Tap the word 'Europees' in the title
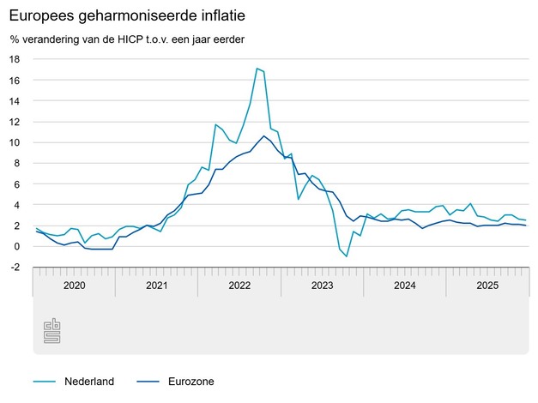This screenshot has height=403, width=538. coord(39,15)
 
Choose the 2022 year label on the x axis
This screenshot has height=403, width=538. coord(239,286)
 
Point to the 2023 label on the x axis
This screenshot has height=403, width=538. coord(321,286)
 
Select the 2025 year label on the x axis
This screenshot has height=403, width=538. coord(487,286)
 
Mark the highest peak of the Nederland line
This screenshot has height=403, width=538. coord(257,69)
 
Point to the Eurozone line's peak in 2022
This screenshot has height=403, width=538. coord(264,135)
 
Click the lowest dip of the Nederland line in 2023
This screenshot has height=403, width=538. coord(347,256)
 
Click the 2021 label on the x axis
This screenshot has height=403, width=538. coord(156,286)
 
